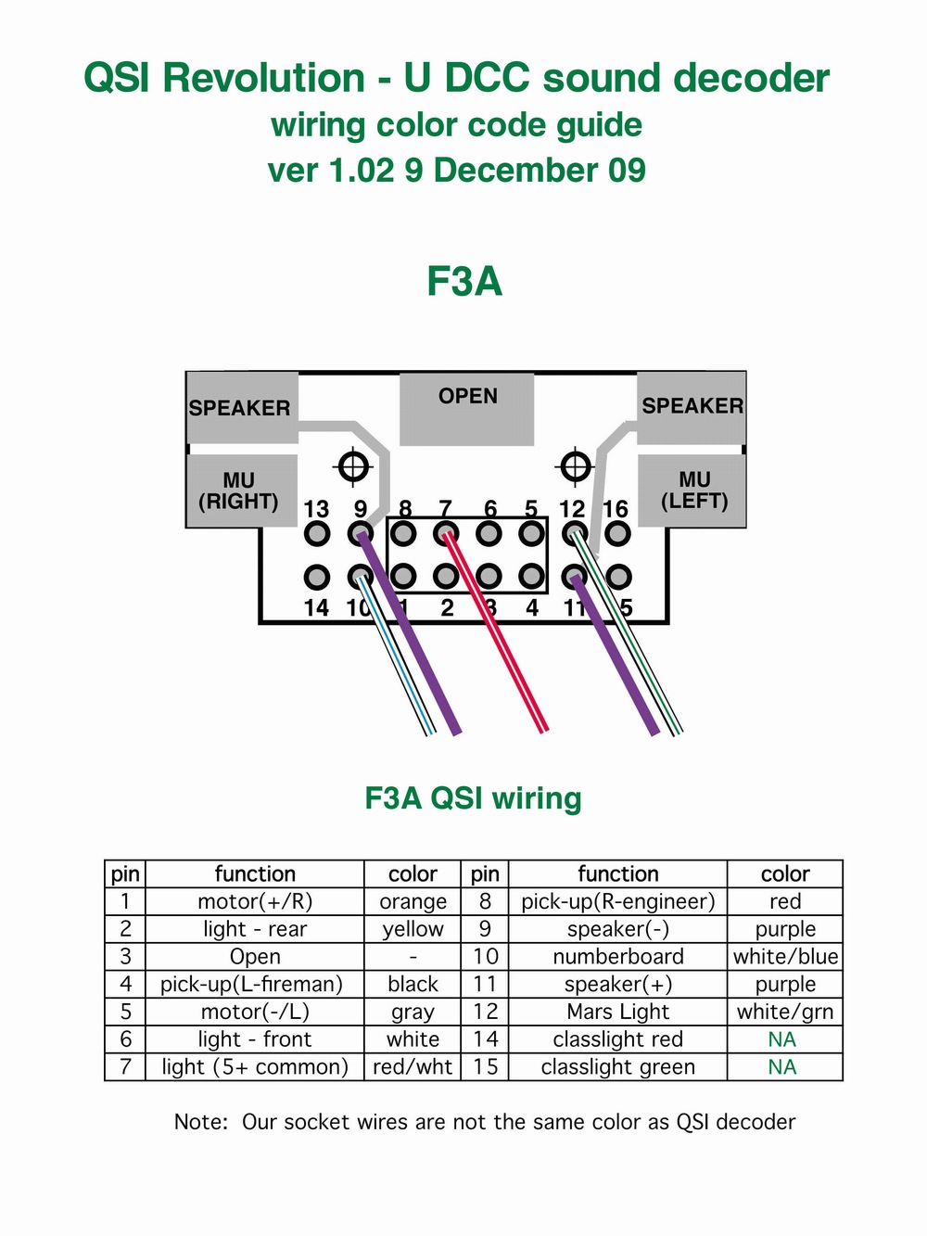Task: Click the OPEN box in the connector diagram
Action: [466, 409]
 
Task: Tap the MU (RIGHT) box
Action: [241, 491]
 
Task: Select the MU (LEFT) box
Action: [692, 491]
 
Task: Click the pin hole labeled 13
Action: [316, 532]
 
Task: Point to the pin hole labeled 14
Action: [316, 577]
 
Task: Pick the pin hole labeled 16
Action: [618, 532]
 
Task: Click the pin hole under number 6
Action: [489, 532]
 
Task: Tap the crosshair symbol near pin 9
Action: [353, 466]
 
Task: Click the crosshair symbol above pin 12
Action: [575, 466]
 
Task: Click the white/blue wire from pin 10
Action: [397, 656]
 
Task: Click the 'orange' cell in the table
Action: [413, 901]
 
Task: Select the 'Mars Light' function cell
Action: [618, 1012]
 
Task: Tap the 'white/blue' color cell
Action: [785, 956]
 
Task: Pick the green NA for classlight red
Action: [782, 1038]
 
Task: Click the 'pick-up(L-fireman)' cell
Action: [251, 985]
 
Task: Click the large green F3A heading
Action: [464, 280]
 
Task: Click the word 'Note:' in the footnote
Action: [201, 1122]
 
